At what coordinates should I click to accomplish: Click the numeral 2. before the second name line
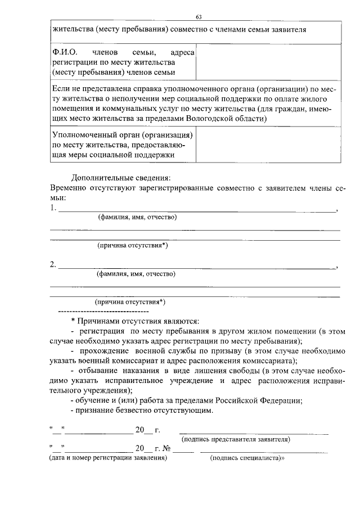[53, 264]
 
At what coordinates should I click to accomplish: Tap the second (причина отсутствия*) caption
[130, 301]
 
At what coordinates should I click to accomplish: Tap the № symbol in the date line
[166, 448]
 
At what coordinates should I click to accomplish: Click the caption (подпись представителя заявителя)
[236, 439]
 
